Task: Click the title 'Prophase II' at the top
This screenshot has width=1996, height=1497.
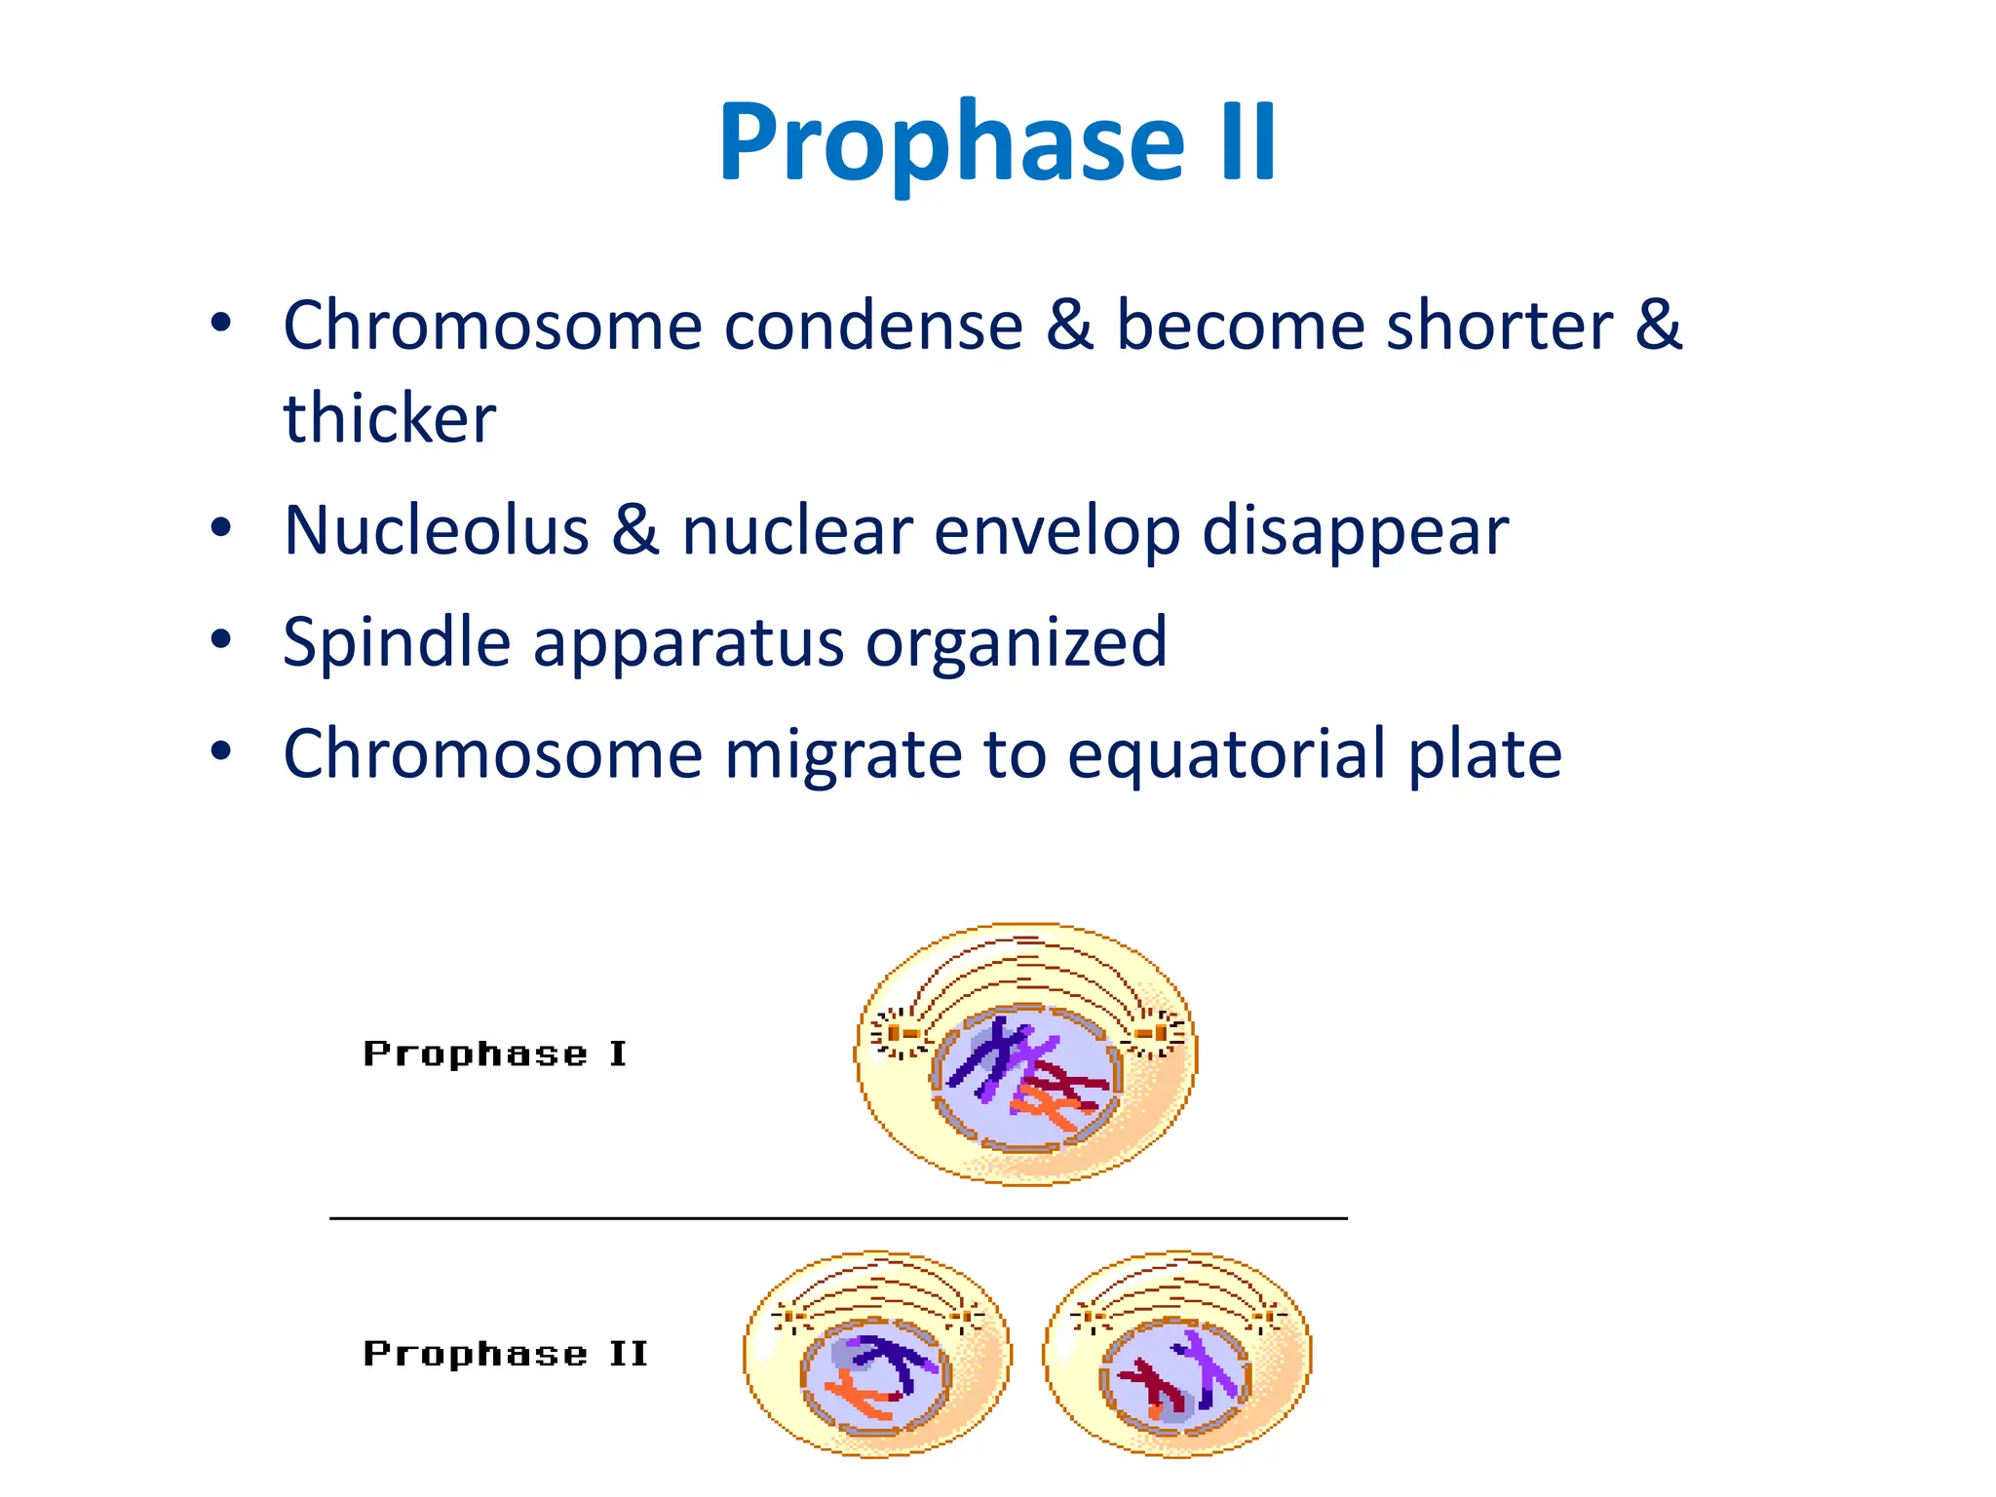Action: [997, 142]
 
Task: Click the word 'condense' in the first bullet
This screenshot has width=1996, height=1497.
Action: [872, 326]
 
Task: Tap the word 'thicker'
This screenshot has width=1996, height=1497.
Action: [389, 418]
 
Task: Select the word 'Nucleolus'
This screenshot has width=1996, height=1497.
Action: [436, 531]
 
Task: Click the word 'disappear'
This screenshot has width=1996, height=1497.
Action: [1355, 531]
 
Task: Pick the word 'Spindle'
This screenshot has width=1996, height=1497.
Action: [396, 642]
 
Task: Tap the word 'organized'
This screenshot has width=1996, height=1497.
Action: [1016, 642]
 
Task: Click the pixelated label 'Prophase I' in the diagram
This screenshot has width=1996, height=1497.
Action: [494, 1054]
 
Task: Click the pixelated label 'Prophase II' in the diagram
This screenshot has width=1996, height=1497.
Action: [505, 1353]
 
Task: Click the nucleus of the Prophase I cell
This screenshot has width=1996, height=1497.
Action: [1025, 1076]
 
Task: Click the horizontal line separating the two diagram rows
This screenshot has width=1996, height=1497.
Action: [838, 1218]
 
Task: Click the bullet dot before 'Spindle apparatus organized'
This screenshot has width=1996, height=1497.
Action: [221, 640]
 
